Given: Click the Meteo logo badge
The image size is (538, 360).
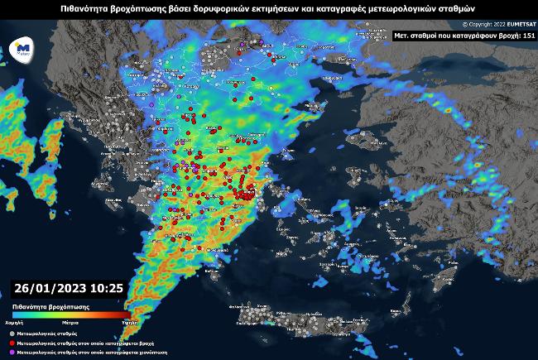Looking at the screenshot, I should point(23,50).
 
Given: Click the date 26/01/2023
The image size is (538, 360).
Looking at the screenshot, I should point(49,288).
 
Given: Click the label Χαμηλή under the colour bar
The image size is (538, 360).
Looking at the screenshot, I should point(14,319).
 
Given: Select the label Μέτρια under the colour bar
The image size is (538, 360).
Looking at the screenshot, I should point(71,319).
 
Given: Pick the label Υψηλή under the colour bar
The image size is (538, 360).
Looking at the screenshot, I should point(128,319).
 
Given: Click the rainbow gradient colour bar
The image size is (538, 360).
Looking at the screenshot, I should point(70,312).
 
